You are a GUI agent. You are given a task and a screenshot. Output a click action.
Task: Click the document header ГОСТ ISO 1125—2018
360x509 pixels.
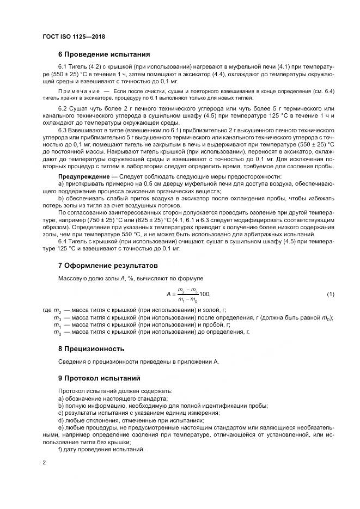pos(73,37)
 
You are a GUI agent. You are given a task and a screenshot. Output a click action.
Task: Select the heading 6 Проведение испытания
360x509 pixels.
pos(104,54)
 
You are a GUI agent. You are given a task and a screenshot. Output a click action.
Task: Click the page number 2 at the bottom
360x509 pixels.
pos(44,463)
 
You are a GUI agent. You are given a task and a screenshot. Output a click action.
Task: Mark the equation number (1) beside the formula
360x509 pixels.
pos(330,294)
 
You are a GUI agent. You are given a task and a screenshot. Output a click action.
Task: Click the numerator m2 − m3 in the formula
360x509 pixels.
pos(188,290)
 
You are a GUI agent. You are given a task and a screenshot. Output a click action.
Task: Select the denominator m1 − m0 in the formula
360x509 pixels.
pos(188,299)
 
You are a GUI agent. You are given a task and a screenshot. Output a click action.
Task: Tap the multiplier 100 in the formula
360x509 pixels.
pos(205,295)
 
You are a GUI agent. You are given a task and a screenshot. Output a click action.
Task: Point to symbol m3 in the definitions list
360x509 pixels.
pos(57,317)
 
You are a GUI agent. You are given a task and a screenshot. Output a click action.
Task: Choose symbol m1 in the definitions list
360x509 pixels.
pos(57,324)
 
